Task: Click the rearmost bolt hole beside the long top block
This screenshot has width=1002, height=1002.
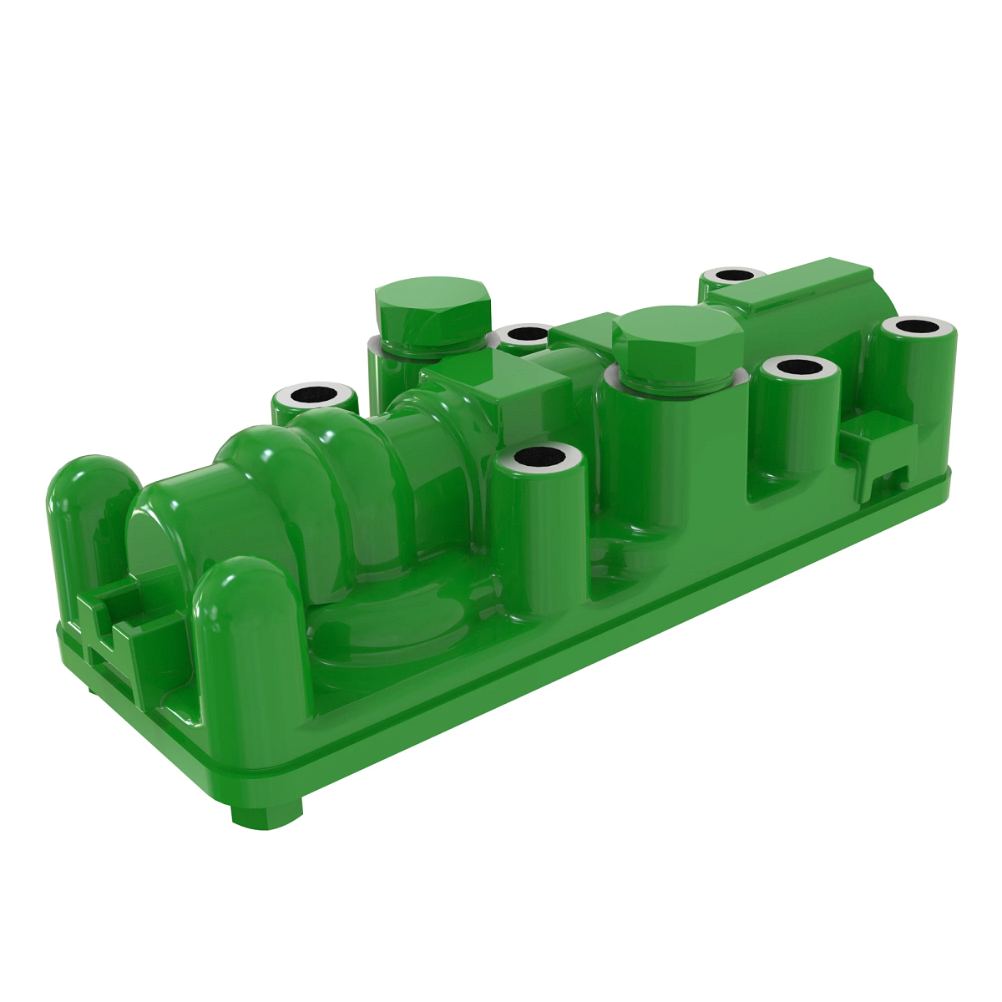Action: click(733, 275)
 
